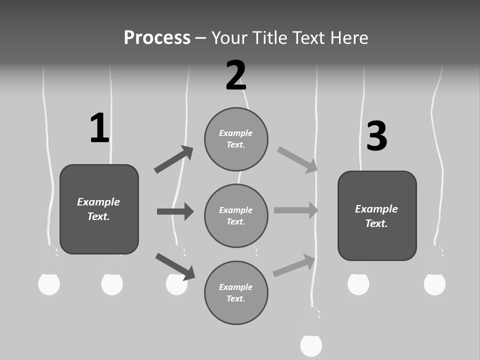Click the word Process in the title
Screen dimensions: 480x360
(x=157, y=38)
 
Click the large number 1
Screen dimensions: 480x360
(x=99, y=128)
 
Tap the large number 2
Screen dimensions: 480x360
(x=236, y=75)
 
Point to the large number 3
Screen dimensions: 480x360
(x=377, y=136)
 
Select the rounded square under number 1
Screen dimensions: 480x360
(x=99, y=209)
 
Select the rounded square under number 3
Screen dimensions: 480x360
(x=377, y=216)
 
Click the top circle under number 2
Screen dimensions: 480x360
(x=236, y=139)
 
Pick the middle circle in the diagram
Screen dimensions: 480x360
(x=236, y=215)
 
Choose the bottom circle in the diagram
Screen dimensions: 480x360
(x=236, y=292)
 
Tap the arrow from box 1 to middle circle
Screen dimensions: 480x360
(x=175, y=211)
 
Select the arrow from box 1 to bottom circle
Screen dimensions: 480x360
(x=175, y=266)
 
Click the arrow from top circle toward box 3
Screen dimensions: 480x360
(x=297, y=160)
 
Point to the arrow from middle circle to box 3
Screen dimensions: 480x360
(x=296, y=210)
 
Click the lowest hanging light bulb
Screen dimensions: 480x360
(x=311, y=345)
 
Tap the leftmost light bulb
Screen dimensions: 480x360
(x=49, y=284)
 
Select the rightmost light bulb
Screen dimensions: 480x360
(x=434, y=284)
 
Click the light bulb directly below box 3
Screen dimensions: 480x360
(x=358, y=284)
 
